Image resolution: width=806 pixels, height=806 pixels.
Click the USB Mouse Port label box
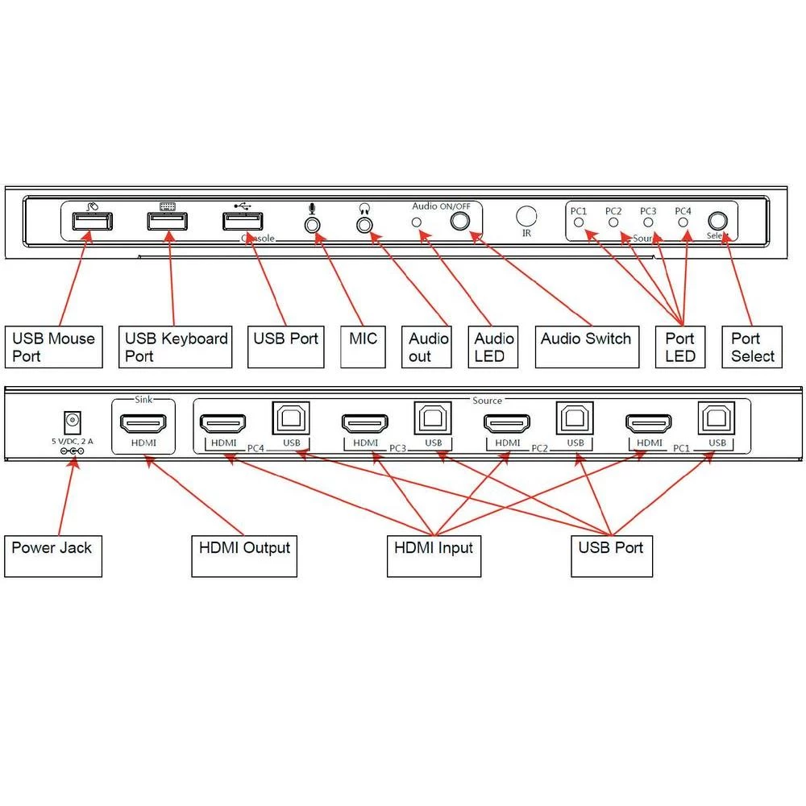(53, 347)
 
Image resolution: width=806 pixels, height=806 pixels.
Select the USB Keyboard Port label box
(175, 347)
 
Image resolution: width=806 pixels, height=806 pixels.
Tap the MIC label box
(363, 347)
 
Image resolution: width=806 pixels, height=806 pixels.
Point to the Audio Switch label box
(586, 347)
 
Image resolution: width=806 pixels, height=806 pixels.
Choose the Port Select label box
(752, 347)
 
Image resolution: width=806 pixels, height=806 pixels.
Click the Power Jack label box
(53, 555)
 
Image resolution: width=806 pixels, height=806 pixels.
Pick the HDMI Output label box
(244, 555)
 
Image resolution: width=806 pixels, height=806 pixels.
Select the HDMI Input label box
(434, 555)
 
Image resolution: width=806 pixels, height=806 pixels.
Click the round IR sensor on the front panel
(526, 216)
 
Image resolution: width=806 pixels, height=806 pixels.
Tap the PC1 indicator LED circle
(579, 222)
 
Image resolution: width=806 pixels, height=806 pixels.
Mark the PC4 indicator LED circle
(683, 222)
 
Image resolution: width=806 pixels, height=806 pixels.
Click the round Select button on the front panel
(717, 222)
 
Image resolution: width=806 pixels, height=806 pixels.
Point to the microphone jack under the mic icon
(312, 224)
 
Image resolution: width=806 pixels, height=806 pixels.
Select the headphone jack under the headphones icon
(364, 224)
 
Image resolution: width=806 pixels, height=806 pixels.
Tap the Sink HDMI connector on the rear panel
(143, 422)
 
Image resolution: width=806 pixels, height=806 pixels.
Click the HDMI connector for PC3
(365, 422)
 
